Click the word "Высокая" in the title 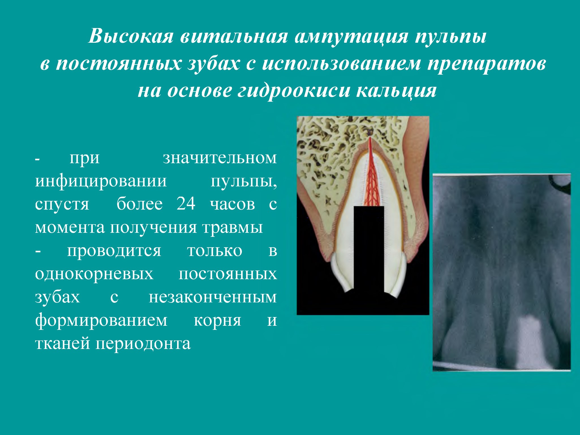[x=131, y=36]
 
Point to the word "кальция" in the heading [x=396, y=91]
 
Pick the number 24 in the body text [x=186, y=203]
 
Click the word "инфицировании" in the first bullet [x=101, y=181]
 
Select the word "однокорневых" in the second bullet [x=94, y=274]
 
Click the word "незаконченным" [x=213, y=297]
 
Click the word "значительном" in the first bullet [x=220, y=158]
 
